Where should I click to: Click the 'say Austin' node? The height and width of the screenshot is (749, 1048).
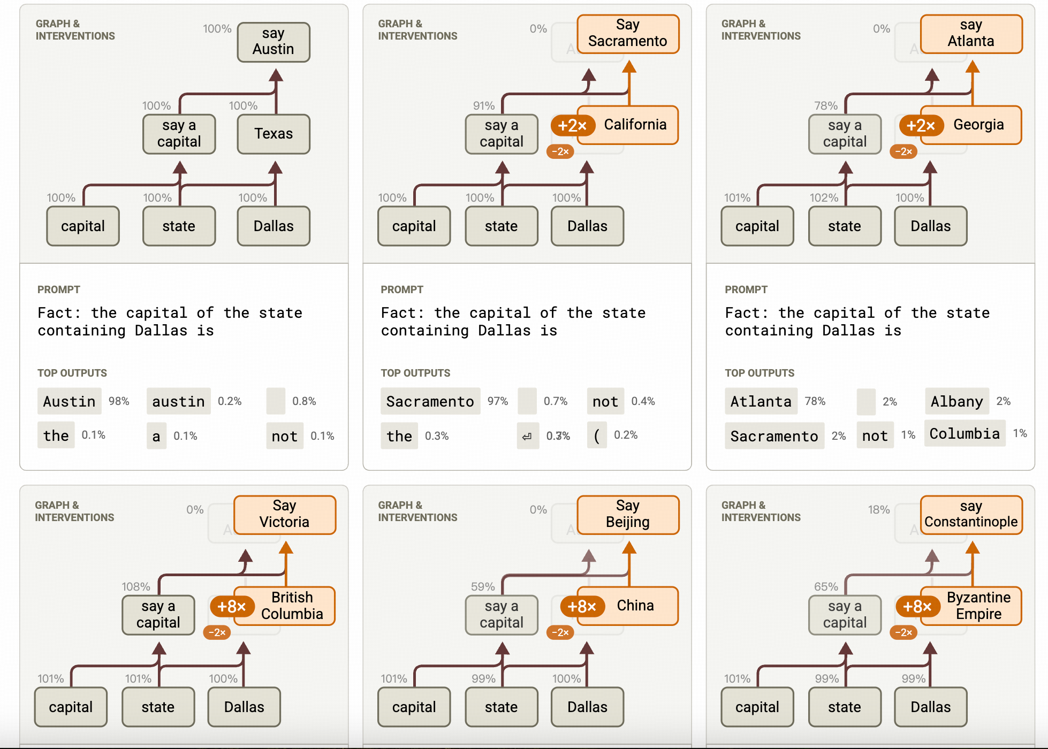point(274,42)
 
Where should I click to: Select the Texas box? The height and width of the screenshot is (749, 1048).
point(274,134)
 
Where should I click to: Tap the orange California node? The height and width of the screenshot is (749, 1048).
point(635,125)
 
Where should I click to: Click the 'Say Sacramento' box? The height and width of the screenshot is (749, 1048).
point(627,33)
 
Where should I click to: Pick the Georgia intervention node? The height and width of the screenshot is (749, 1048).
point(978,125)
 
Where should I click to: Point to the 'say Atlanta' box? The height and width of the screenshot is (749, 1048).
point(970,33)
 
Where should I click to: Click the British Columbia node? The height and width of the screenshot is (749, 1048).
point(292,606)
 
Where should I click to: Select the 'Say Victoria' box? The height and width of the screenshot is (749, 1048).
point(284,514)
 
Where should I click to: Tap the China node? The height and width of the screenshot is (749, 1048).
point(635,606)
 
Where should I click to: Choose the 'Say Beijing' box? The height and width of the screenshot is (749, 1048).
point(627,514)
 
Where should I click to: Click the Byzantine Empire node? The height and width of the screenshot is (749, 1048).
point(978,606)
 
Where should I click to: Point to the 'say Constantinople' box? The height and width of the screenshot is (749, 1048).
point(970,514)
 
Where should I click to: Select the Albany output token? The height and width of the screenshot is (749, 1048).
point(956,401)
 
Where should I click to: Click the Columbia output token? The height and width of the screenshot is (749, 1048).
point(964,433)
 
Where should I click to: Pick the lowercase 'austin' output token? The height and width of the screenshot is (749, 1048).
point(178,401)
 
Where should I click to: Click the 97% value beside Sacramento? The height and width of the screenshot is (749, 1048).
point(498,401)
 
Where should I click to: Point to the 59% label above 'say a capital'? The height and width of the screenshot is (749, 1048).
point(483,586)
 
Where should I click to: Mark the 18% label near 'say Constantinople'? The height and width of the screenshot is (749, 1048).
point(878,509)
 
